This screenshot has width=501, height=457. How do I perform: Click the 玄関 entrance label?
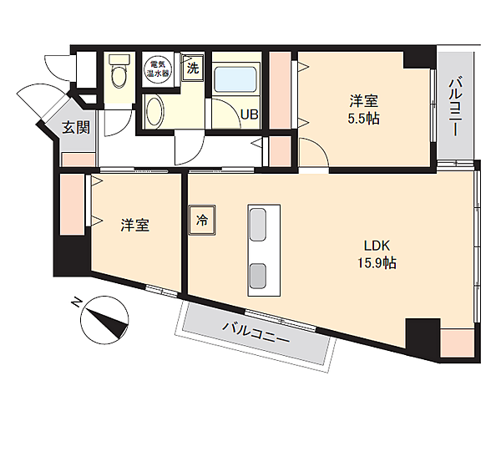tap(76, 128)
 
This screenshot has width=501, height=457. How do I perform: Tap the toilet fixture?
tap(119, 71)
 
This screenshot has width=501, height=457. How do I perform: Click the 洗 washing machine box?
tap(193, 68)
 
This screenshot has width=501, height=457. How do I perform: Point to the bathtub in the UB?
tap(235, 79)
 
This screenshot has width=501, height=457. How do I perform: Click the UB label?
tap(249, 114)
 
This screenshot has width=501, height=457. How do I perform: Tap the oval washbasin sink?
tap(155, 112)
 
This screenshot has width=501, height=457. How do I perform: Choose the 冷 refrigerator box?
tap(202, 220)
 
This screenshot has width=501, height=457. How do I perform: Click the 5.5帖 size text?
tap(363, 119)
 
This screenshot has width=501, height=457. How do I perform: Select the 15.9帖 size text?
tap(377, 263)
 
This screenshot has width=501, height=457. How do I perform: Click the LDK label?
tap(377, 246)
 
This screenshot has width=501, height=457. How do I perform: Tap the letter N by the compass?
tap(76, 302)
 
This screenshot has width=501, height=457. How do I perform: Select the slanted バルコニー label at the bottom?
tap(256, 333)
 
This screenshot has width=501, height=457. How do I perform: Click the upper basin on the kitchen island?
tap(257, 224)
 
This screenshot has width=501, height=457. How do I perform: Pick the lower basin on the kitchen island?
tap(257, 276)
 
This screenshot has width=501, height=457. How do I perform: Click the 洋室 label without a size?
tap(134, 225)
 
